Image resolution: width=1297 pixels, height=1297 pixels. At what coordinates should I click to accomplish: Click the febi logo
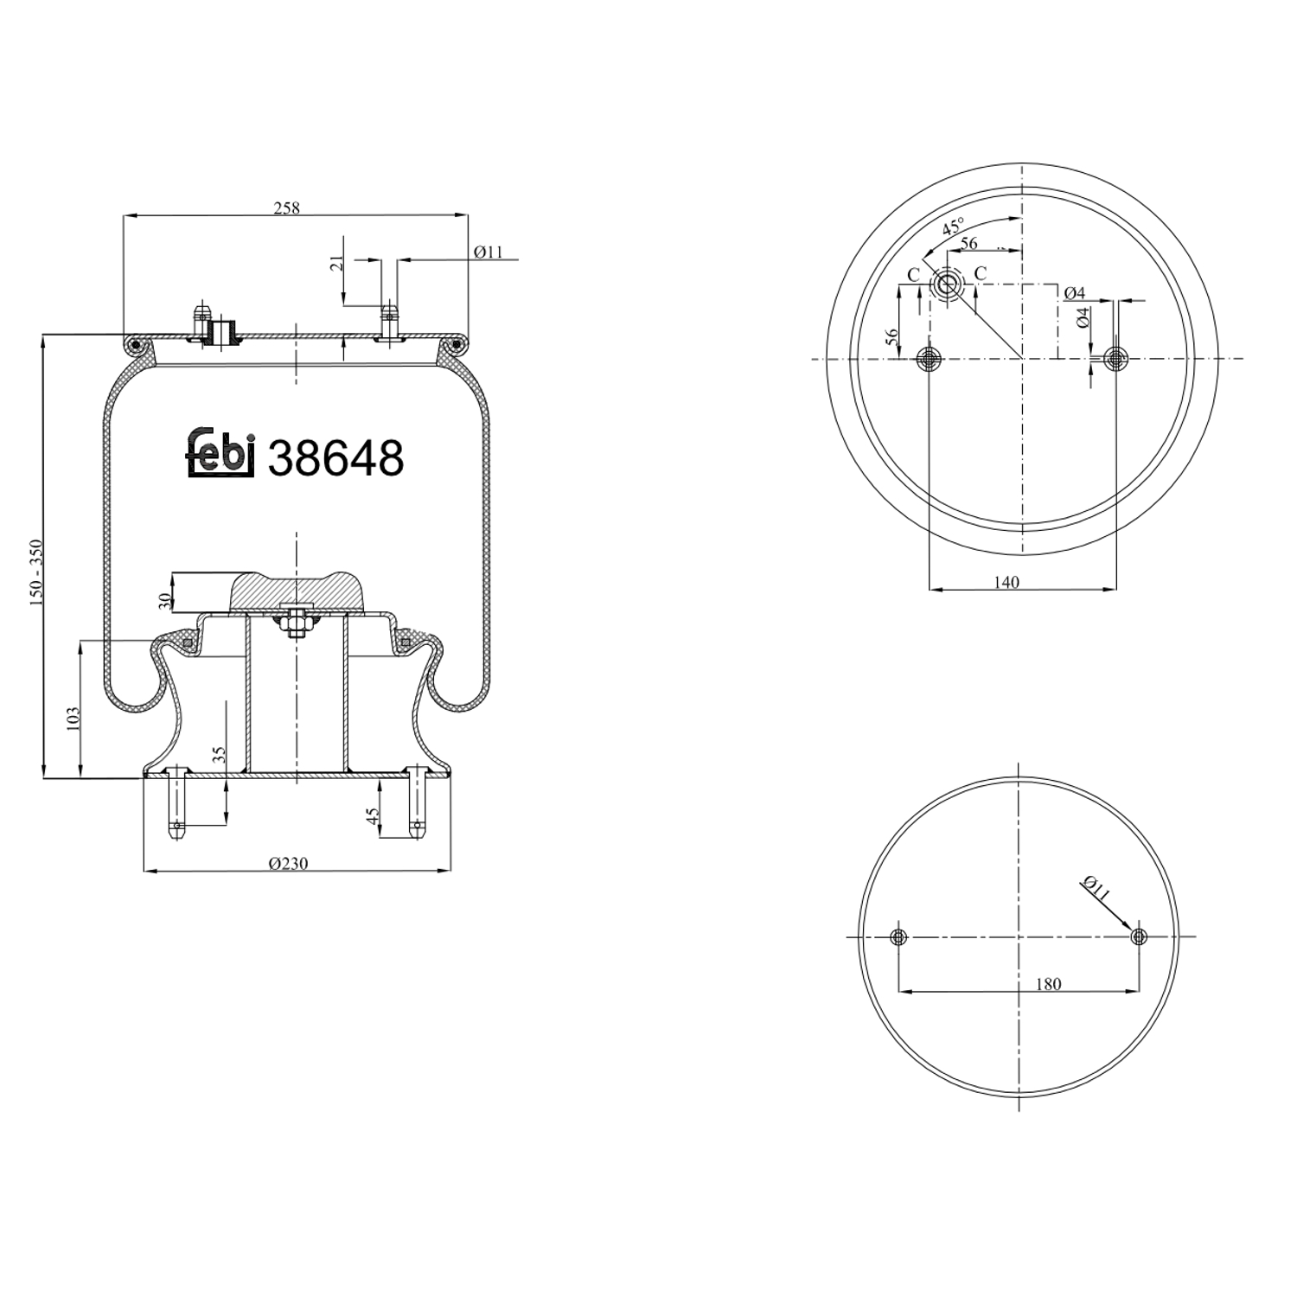[x=221, y=451]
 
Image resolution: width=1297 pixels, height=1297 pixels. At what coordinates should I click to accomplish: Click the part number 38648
[x=335, y=457]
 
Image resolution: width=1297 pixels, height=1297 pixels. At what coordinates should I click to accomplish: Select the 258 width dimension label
[x=286, y=208]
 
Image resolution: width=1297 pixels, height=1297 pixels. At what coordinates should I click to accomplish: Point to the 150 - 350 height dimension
[x=36, y=573]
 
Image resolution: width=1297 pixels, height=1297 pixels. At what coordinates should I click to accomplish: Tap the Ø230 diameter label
[x=288, y=863]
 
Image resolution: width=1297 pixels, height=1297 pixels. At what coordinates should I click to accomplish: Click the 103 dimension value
[x=73, y=718]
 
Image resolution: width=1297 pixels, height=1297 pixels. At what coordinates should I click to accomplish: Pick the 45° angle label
[x=953, y=228]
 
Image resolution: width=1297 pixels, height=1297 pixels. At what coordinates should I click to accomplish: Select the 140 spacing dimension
[x=1006, y=582]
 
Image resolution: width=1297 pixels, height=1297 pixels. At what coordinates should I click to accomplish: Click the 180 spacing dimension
[x=1047, y=984]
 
